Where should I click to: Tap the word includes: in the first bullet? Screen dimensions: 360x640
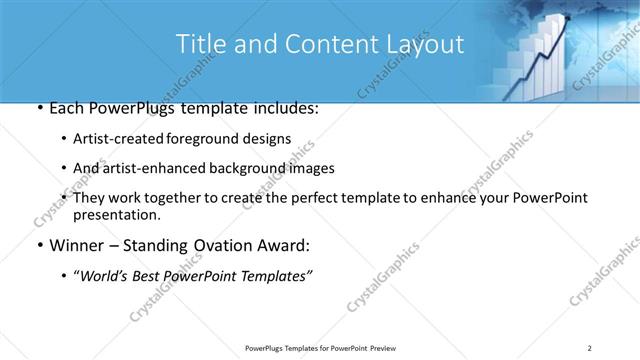[x=284, y=107]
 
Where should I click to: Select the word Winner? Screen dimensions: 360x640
[x=67, y=246]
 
